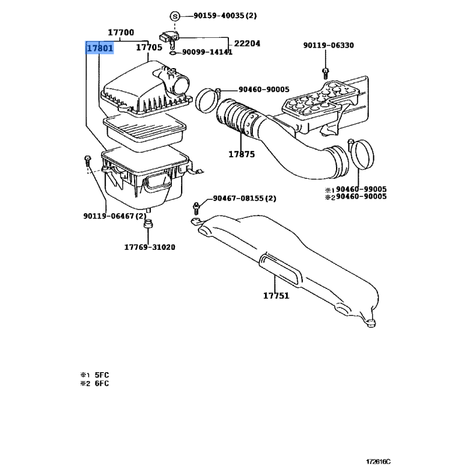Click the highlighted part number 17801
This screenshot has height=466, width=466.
click(100, 48)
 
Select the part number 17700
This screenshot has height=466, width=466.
click(121, 32)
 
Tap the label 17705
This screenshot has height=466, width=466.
click(149, 47)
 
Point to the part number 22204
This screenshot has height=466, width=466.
click(247, 43)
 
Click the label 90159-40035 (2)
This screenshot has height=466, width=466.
click(225, 16)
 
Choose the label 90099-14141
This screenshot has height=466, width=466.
click(207, 52)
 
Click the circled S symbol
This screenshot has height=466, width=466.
click(175, 16)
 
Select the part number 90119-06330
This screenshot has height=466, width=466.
click(329, 45)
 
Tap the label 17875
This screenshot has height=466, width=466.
click(242, 154)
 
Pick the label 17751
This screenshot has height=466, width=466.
click(276, 295)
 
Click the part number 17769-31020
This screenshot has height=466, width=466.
click(150, 247)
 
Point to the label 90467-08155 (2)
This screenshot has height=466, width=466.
click(245, 198)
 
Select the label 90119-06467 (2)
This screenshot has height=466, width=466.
click(115, 216)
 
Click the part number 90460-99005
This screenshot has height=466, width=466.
click(361, 189)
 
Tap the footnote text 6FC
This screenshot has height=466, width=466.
click(102, 383)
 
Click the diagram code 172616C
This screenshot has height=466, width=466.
click(378, 461)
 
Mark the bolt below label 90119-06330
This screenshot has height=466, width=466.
click(326, 73)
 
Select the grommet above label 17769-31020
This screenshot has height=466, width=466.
click(148, 224)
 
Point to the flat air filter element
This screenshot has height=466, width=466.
click(144, 130)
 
